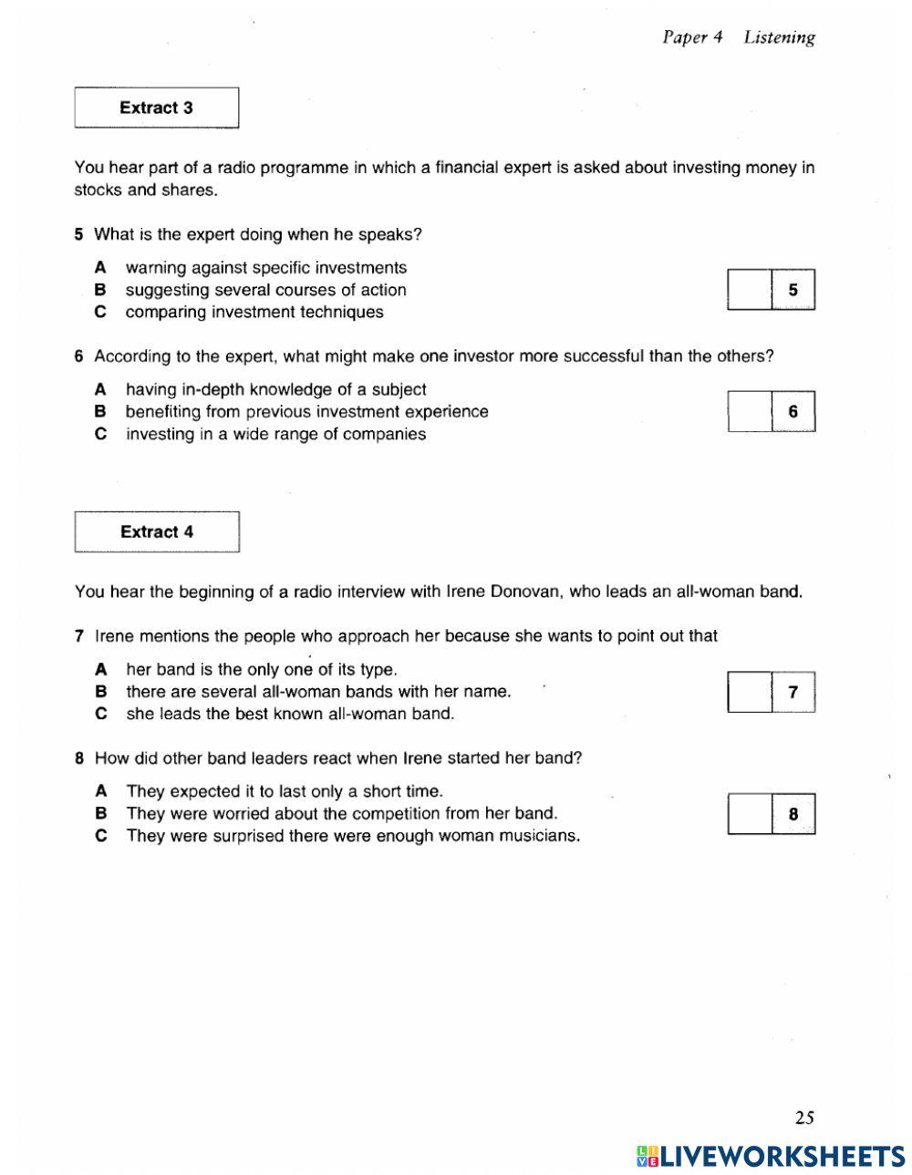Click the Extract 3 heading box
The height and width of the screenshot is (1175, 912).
click(156, 108)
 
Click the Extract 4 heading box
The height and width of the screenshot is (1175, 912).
click(157, 531)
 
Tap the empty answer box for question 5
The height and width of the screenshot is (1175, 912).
click(750, 290)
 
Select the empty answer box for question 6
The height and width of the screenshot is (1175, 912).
click(750, 411)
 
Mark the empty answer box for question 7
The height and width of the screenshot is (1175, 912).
click(750, 692)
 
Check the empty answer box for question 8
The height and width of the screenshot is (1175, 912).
click(750, 814)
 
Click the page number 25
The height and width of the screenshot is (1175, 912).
click(803, 1118)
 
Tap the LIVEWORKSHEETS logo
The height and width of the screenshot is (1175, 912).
click(771, 1156)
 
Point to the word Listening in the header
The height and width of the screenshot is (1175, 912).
click(779, 37)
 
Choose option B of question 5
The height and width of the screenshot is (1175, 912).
click(265, 290)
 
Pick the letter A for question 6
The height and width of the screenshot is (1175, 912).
click(101, 389)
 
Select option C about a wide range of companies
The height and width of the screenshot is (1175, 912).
click(275, 434)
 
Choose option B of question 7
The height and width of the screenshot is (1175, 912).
click(318, 691)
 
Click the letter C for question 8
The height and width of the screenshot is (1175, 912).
click(101, 836)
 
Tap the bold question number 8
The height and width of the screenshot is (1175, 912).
click(80, 758)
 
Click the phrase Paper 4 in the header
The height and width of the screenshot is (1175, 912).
click(692, 37)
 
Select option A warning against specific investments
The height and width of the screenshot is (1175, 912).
click(265, 268)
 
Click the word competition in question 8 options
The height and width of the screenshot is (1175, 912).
click(394, 813)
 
